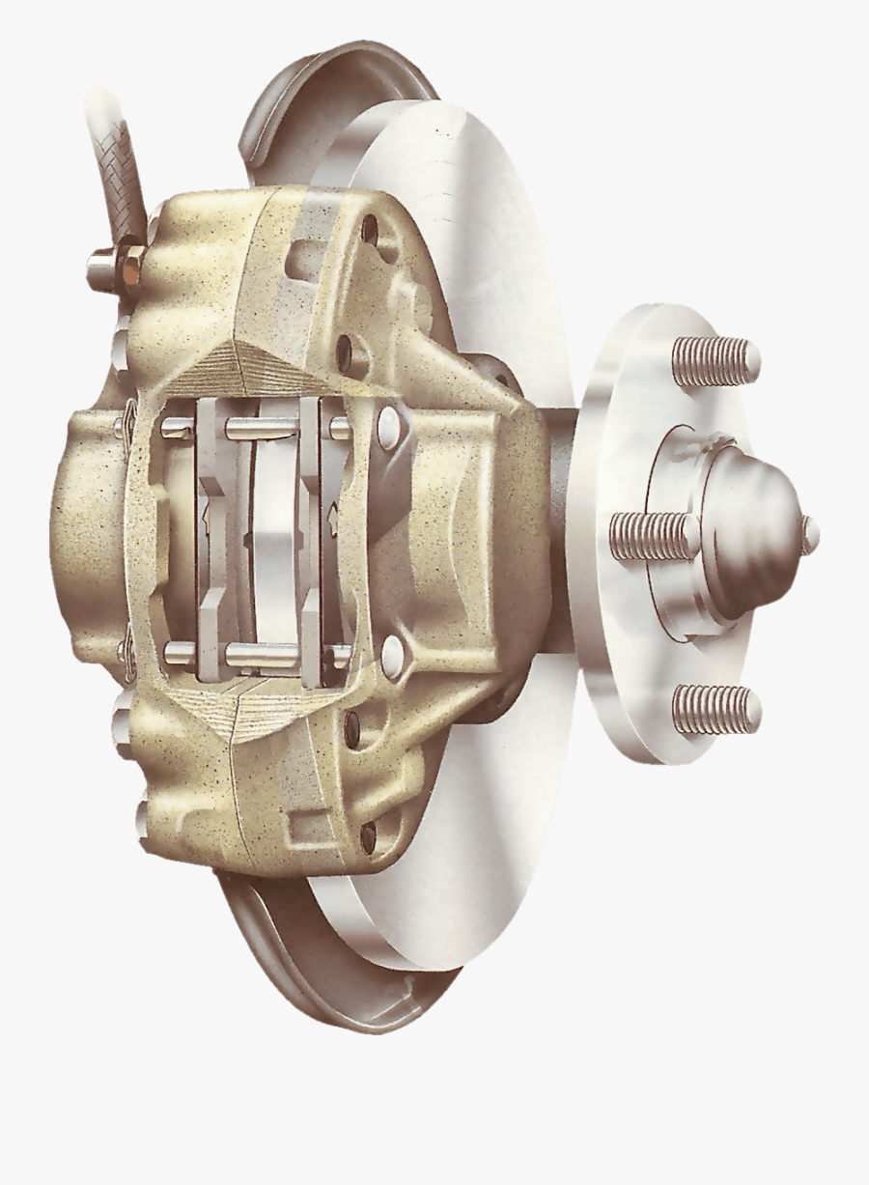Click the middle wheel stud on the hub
[x=653, y=536]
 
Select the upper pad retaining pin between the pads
[x=261, y=426]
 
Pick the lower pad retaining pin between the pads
[x=261, y=654]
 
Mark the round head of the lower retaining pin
[x=392, y=654]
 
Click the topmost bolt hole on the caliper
[x=369, y=230]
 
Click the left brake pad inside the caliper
[x=211, y=541]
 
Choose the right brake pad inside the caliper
[x=312, y=541]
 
